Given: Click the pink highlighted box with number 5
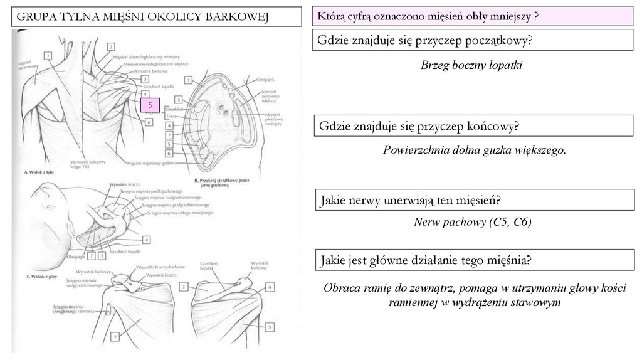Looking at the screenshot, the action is pos(150,105).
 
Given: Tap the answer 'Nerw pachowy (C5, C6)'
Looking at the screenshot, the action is pos(473,222).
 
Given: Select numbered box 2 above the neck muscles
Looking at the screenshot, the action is pos(110,46).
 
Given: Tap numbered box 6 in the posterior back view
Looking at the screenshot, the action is pos(149,122).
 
